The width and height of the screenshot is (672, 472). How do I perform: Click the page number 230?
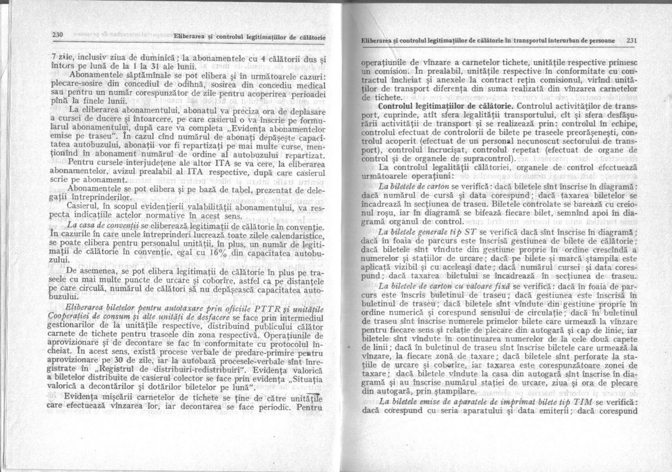tap(57, 35)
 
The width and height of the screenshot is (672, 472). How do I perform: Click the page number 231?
tap(632, 40)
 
